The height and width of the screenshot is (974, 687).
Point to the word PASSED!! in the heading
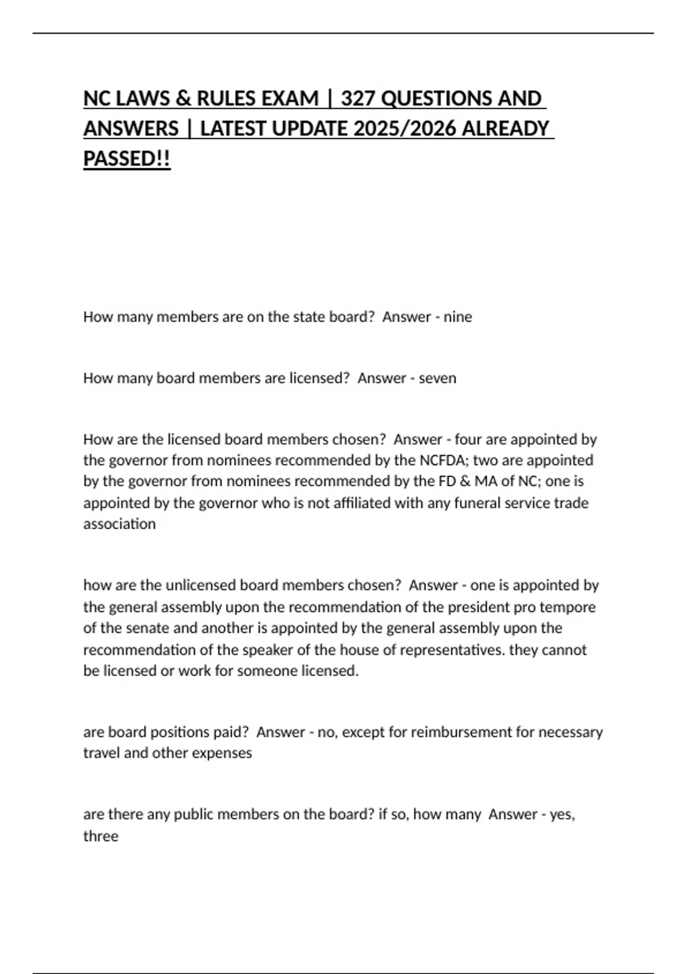[127, 159]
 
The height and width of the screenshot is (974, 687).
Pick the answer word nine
[457, 317]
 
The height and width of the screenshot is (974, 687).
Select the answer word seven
[437, 378]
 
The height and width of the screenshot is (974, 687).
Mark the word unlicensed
[200, 585]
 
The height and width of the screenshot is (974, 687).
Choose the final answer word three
[101, 836]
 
